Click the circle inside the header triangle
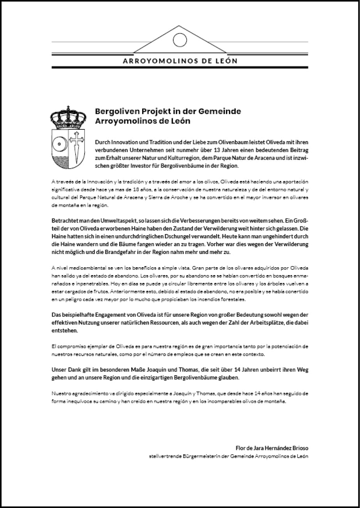point(180,40)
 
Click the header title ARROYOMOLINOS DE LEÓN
point(180,61)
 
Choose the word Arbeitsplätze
point(276,323)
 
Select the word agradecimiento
point(88,394)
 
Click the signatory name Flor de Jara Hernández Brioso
point(272,448)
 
